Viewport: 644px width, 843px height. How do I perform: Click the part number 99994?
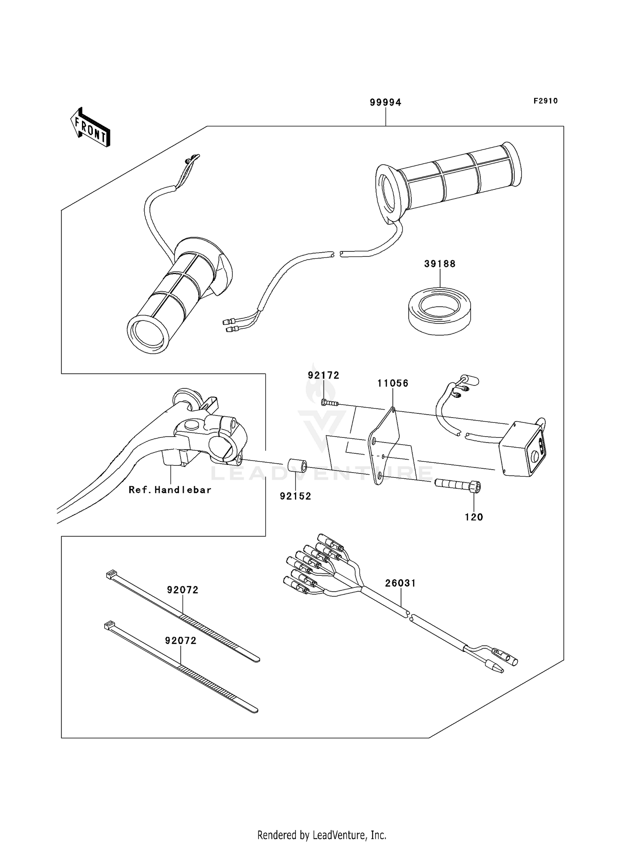tap(386, 103)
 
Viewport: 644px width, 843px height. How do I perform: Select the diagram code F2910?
tap(545, 101)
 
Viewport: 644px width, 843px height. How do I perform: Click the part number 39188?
tap(440, 264)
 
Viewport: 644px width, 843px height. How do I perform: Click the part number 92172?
tap(323, 376)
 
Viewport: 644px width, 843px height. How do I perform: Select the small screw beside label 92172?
tap(329, 403)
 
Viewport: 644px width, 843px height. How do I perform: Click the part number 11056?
tap(393, 383)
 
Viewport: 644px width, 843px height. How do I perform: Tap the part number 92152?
tap(295, 496)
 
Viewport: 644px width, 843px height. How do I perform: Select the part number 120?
tap(474, 517)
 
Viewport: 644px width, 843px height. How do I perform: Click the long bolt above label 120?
tap(457, 485)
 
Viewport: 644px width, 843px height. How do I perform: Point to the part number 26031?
tap(400, 583)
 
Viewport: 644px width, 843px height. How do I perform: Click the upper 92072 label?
tap(183, 590)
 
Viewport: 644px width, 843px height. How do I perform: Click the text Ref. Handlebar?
tap(170, 490)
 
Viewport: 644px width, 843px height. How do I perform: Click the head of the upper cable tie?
tap(111, 574)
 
